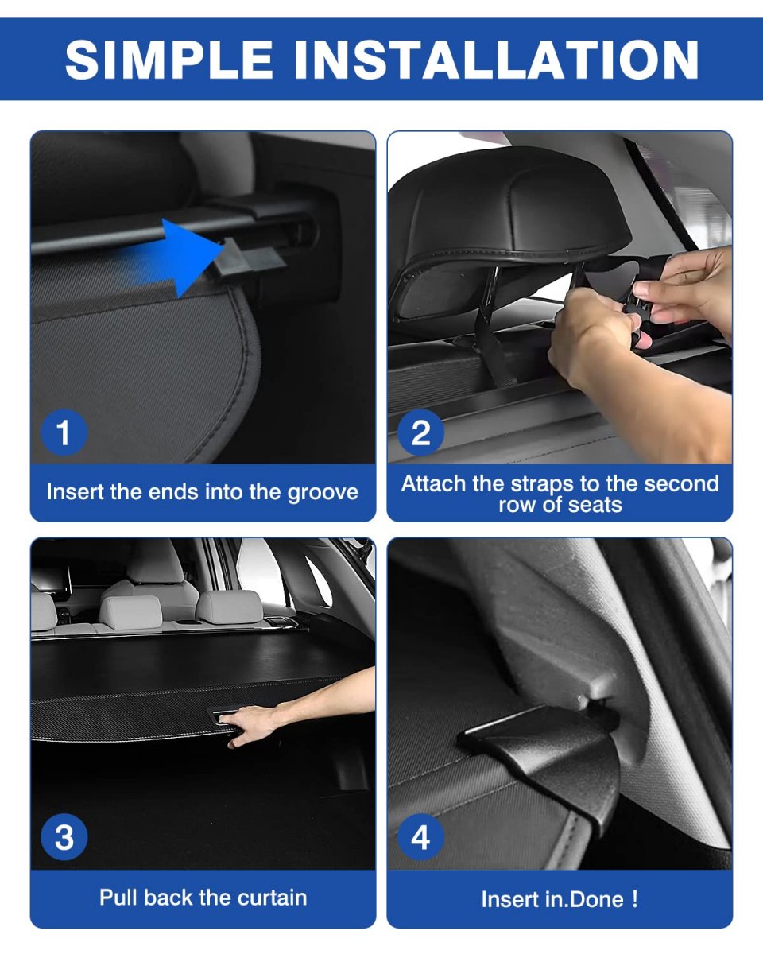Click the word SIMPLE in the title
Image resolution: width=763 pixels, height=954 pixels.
coord(168,60)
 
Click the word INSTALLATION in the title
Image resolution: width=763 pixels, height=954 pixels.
coord(497,60)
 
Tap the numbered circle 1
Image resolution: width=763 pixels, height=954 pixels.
coord(64,432)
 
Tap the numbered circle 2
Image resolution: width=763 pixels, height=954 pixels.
coord(420,432)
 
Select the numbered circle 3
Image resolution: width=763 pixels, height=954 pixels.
coord(64,837)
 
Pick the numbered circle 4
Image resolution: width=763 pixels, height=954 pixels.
coord(420,837)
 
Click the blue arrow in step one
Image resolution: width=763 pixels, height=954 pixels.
coord(177,257)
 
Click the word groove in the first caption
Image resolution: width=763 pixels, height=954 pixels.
coord(323,493)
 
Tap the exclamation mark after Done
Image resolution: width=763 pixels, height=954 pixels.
coord(635,899)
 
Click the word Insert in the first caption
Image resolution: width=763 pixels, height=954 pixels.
coord(75,492)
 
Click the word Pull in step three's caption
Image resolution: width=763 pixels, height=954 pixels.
coord(118,898)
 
